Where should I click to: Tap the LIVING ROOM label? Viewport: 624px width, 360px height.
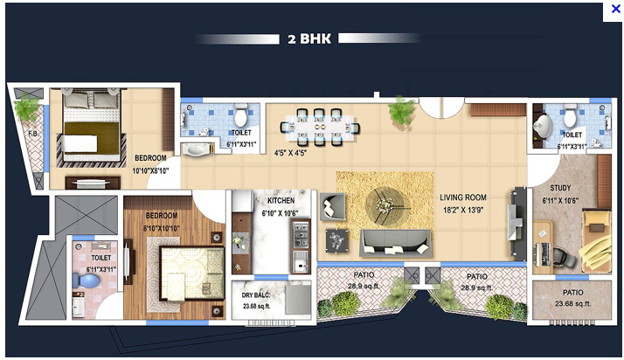[463, 197]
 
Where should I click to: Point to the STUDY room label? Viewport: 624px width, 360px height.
[560, 188]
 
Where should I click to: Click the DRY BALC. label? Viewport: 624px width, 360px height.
[257, 295]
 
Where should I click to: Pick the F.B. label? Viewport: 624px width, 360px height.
[32, 134]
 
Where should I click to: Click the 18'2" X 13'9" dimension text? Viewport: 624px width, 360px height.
[463, 211]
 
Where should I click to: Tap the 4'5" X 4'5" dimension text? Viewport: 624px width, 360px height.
[293, 153]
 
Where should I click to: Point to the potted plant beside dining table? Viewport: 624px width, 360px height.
[402, 111]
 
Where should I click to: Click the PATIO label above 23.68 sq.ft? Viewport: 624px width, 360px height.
[573, 293]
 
